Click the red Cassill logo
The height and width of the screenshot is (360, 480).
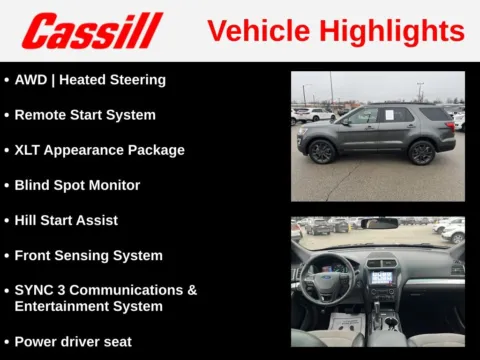[x=93, y=30]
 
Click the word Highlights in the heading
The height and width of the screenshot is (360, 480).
[x=400, y=31]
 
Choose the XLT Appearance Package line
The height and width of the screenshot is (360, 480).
[x=99, y=150]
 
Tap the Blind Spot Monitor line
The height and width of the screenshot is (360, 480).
[x=77, y=185]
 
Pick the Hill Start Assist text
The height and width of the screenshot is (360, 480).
[x=66, y=220]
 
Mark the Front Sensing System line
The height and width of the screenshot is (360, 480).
[x=88, y=255]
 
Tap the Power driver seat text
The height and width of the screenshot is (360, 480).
[x=73, y=341]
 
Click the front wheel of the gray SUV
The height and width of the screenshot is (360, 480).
[x=322, y=152]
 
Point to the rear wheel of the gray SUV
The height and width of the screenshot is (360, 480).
[x=421, y=152]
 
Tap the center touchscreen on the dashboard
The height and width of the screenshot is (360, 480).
[x=382, y=277]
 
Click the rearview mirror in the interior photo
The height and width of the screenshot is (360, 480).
[x=380, y=223]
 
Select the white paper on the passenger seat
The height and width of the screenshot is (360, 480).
[x=346, y=323]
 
